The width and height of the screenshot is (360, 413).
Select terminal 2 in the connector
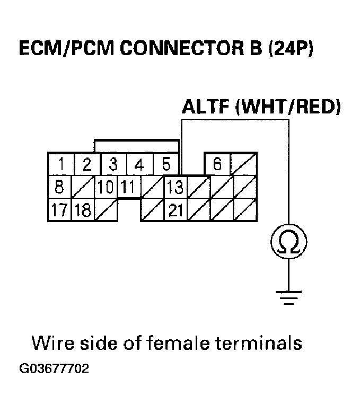tap(86, 164)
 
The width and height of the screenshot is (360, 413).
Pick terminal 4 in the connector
tap(139, 164)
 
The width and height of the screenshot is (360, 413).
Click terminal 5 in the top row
tap(165, 164)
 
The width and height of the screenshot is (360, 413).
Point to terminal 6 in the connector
tap(217, 164)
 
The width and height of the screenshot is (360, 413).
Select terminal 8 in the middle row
tap(59, 187)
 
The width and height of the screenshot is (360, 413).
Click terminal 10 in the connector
tap(106, 187)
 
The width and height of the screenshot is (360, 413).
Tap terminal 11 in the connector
tap(128, 187)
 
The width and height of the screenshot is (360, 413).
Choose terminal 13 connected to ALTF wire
tap(175, 187)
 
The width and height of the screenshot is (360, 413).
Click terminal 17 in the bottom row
tap(59, 210)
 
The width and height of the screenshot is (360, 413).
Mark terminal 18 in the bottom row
tap(83, 210)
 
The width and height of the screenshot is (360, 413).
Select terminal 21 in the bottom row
tap(175, 210)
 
